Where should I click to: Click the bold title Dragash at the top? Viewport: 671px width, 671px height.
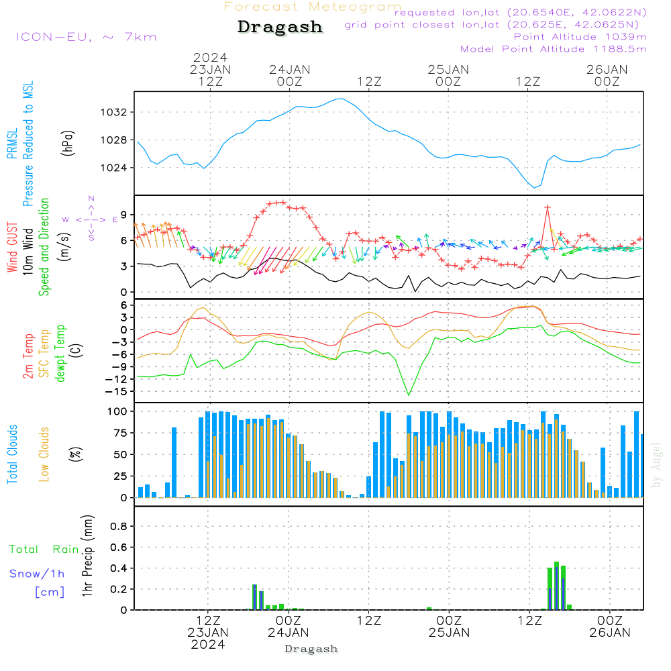click(280, 28)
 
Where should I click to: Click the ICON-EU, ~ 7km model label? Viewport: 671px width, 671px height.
click(86, 37)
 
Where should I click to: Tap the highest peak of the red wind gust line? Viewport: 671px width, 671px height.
click(548, 207)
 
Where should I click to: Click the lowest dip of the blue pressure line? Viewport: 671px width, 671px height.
click(535, 187)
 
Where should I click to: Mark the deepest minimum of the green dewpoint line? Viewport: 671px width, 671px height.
click(409, 395)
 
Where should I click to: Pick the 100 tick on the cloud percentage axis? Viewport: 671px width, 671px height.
click(117, 411)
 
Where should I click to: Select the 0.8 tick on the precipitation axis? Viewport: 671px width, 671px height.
click(119, 527)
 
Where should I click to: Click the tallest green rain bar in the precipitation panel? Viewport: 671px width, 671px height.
click(556, 564)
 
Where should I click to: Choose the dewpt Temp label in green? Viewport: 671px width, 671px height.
click(61, 354)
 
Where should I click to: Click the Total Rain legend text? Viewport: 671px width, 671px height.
click(44, 550)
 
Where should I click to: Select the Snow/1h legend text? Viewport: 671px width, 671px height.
click(37, 574)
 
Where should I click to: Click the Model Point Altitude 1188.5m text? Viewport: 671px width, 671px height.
click(554, 49)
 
